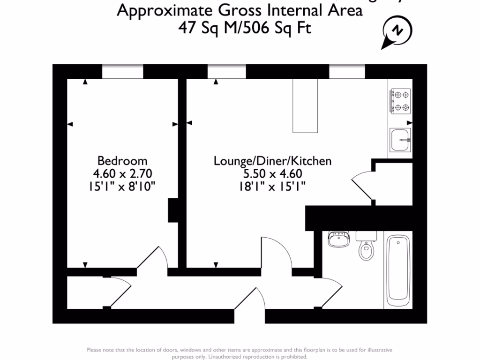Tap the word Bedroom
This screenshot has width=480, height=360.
coord(122,161)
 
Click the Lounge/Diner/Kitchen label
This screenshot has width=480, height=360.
coord(272,161)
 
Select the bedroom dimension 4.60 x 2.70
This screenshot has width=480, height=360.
coord(122,174)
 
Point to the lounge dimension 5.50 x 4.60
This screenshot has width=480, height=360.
coord(272,174)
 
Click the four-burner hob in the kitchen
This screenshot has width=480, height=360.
coord(400,101)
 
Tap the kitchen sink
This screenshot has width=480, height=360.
coord(400,140)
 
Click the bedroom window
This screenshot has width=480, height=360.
coord(122,72)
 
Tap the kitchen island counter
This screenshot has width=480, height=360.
coord(305,105)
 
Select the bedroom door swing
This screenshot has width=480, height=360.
coord(152,259)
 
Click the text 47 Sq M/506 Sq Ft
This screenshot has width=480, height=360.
coord(245,28)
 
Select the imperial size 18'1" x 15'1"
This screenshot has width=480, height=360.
coord(272,187)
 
